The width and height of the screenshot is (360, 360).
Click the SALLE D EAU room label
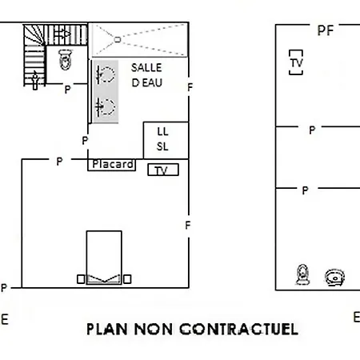point(146,75)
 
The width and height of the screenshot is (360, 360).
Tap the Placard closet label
point(113,164)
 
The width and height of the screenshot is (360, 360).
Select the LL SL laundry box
point(166,140)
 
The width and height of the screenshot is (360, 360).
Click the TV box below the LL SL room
point(163,170)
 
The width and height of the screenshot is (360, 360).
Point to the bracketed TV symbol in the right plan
point(296,62)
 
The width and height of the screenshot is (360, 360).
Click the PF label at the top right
point(326,30)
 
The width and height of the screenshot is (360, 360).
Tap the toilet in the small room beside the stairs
point(66,59)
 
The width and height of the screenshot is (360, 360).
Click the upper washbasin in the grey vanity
point(106,74)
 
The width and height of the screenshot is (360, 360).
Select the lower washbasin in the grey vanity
point(106,107)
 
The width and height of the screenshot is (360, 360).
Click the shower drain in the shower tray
point(118,40)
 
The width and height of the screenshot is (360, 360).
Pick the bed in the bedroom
point(104,258)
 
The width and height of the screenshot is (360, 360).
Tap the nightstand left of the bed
point(81,279)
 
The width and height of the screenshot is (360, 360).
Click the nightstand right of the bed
point(127,279)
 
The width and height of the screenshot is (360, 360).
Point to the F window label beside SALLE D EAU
point(190,87)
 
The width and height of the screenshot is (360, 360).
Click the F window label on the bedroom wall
point(188,226)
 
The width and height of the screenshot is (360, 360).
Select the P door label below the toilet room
point(68,90)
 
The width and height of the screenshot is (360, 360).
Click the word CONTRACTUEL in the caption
point(238,329)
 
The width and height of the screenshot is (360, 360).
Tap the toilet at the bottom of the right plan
point(302,274)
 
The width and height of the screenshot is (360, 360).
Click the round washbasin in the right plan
point(335,278)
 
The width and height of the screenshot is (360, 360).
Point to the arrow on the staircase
point(62,34)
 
